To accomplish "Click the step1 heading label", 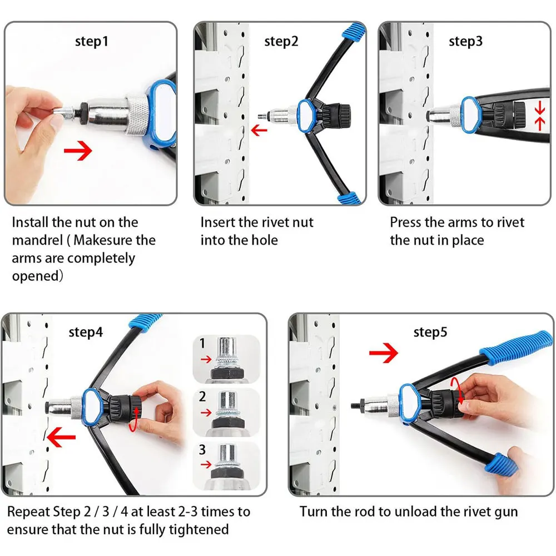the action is pos(92,42).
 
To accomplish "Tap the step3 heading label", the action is pos(465,42).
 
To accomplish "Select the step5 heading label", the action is pos(430,332).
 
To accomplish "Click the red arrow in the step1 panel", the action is pos(78,151).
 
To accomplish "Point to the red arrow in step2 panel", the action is pos(259,130).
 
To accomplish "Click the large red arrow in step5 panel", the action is pos(383,353).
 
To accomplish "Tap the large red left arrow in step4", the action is pos(61,437).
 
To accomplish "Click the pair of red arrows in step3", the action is pos(539,116).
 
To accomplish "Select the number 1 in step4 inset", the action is pos(202,343).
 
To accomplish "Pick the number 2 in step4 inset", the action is pos(202,396).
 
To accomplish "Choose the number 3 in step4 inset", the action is pos(202,450).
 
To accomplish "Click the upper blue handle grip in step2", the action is pos(354,31).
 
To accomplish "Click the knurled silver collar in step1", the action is pos(137,115).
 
